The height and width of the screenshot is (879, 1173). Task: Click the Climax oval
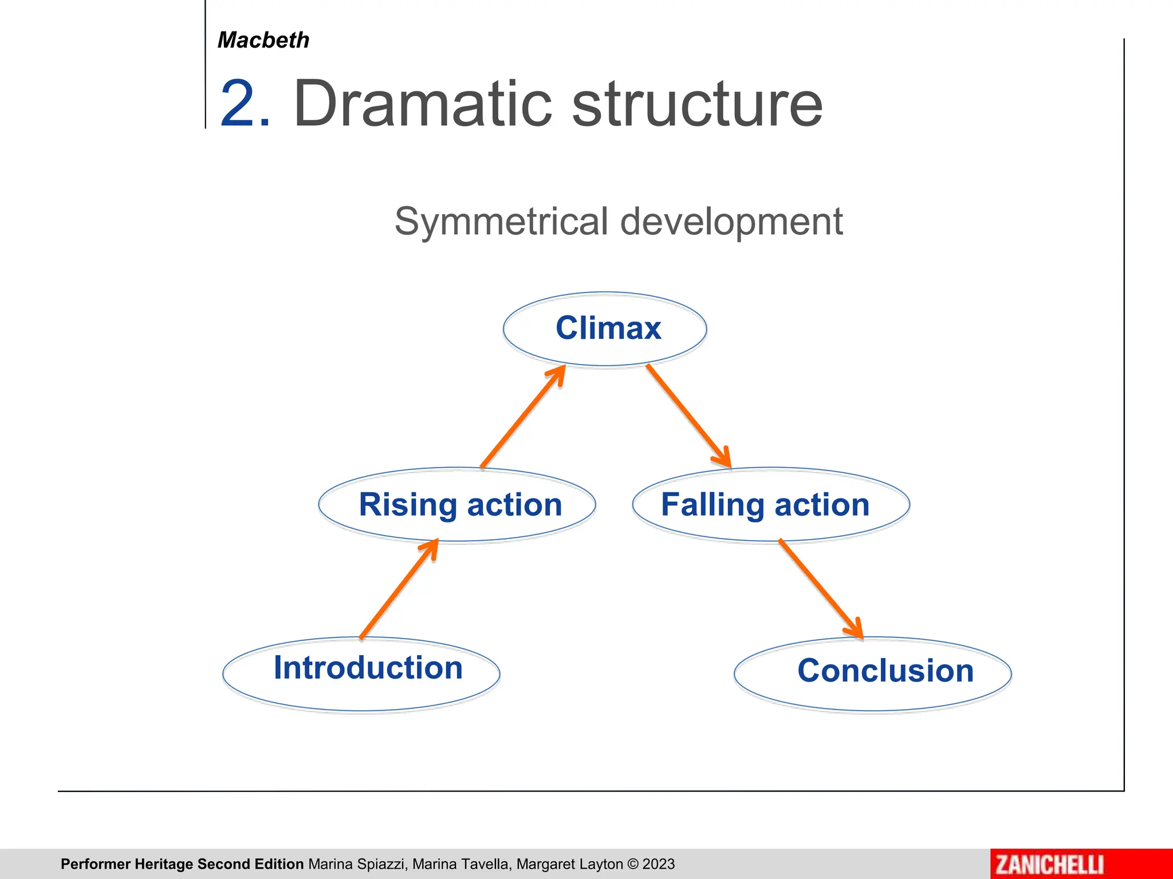tap(605, 328)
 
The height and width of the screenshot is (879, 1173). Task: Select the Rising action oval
tap(457, 505)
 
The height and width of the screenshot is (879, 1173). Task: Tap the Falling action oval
tap(770, 505)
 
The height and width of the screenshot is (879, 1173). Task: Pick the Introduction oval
tap(361, 674)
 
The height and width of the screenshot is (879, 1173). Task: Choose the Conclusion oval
tap(872, 674)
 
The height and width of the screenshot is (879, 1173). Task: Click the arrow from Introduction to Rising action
tap(399, 589)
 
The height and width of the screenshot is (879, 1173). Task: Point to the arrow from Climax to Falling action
tap(688, 416)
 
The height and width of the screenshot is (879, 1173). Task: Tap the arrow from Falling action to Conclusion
tap(821, 589)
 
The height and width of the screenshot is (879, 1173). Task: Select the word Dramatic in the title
tap(423, 104)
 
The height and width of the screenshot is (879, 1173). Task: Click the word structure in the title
tap(697, 104)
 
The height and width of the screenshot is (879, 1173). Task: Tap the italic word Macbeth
tap(263, 40)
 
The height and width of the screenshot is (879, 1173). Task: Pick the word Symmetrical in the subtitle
tap(501, 221)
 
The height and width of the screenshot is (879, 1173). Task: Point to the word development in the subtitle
tap(731, 223)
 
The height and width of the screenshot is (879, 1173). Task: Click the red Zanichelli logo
tap(1049, 864)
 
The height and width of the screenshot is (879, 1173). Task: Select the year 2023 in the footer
tap(659, 864)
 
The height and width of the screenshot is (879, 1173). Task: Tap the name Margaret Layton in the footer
tap(569, 864)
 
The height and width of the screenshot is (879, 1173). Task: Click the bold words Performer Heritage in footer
tap(127, 864)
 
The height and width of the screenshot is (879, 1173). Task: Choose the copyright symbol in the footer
tap(633, 864)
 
